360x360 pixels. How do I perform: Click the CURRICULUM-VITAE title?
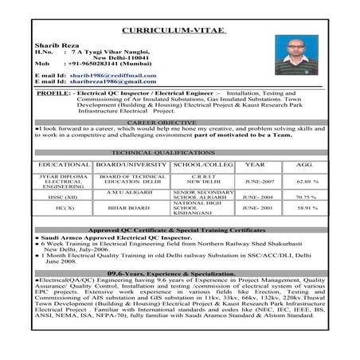click(x=180, y=31)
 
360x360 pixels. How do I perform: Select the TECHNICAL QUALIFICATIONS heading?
click(x=181, y=151)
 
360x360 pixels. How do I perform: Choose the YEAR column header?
click(x=255, y=163)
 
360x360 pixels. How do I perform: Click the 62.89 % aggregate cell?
click(x=307, y=181)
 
